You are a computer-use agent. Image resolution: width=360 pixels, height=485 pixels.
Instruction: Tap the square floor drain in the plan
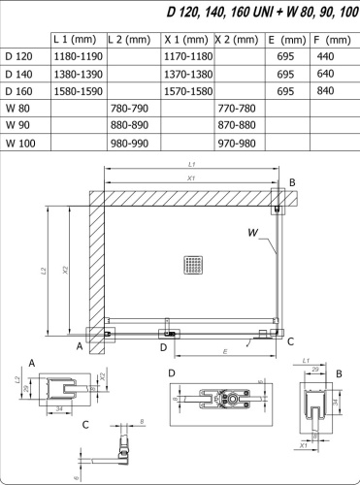coord(191,265)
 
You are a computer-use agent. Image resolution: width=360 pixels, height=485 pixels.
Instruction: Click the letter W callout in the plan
coord(252,232)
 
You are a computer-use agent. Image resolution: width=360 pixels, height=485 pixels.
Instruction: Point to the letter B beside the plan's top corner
coord(291,182)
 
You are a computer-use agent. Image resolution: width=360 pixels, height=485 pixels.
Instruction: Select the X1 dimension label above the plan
coord(191,178)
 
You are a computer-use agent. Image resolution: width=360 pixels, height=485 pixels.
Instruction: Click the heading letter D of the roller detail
coord(172,372)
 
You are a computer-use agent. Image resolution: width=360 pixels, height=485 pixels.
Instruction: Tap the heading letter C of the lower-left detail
coord(86,424)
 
